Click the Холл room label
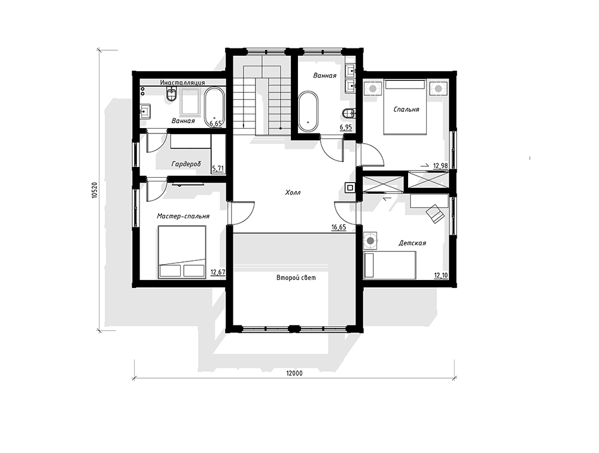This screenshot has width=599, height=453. coord(293,193)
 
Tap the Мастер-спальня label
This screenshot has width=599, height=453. coord(183,216)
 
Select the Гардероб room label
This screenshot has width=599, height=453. coord(186,164)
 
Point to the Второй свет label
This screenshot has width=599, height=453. coord(296,278)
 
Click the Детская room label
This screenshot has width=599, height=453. coord(412,243)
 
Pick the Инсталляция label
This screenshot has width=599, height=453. coord(183,83)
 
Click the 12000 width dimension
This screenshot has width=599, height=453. coord(294,373)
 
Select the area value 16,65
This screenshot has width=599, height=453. coord(339,227)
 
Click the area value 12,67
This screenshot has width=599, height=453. coord(218,272)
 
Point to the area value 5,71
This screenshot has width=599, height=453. coord(218,168)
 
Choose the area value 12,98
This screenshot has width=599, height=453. coord(440,166)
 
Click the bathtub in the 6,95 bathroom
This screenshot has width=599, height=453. coord(308,111)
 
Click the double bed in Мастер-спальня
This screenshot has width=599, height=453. coord(182,252)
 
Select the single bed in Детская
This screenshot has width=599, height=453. coord(390,264)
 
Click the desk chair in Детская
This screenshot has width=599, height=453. coord(436,213)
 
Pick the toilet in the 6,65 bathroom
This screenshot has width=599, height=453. coord(171,95)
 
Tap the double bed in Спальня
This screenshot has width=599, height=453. coord(405,107)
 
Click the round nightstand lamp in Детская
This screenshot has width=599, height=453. coord(370,241)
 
